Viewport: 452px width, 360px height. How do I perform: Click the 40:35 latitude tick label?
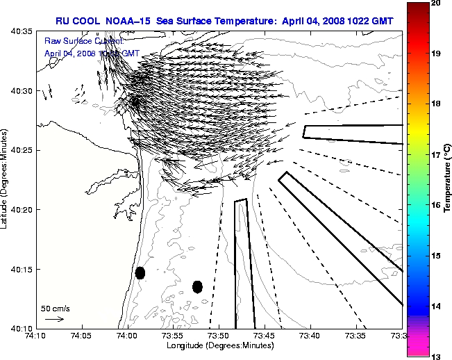pyautogui.click(x=23, y=32)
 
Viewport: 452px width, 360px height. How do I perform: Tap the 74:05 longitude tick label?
pyautogui.click(x=81, y=336)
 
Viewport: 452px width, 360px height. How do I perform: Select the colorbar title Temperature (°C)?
pyautogui.click(x=448, y=179)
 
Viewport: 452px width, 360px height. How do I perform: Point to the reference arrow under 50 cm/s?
pyautogui.click(x=54, y=319)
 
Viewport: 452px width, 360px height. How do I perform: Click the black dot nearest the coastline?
pyautogui.click(x=140, y=272)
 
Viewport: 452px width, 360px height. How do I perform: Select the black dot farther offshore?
pyautogui.click(x=197, y=286)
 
